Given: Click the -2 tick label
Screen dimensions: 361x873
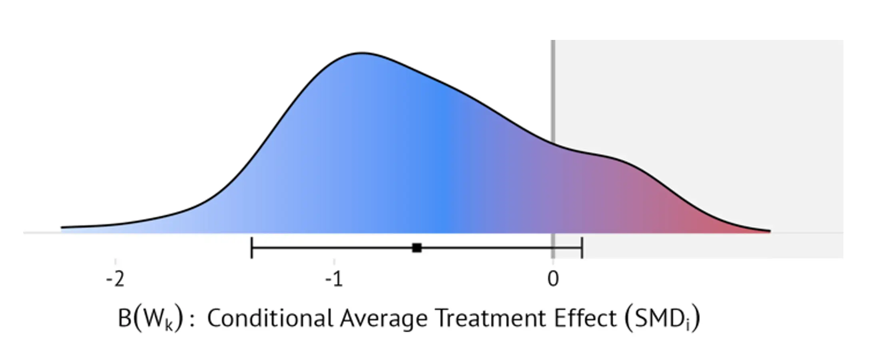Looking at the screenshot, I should [x=115, y=279].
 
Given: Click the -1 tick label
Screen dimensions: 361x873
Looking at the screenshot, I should [x=334, y=279].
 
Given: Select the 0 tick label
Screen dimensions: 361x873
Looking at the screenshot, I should [x=553, y=279].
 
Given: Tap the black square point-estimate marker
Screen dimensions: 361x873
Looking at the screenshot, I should [x=417, y=248].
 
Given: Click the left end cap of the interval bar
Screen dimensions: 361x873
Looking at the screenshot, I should [x=251, y=248].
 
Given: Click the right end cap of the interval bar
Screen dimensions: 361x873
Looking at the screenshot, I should [x=582, y=248].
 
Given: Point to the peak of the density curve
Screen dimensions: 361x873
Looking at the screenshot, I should [x=362, y=53].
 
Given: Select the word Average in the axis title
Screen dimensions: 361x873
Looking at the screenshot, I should [x=383, y=319].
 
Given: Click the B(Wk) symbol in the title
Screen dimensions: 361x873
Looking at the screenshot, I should [x=150, y=319].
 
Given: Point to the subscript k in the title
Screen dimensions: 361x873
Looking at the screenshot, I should [x=169, y=325].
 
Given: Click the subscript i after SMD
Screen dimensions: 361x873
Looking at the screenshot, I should [x=688, y=325].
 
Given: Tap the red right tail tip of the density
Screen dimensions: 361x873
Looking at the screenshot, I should [x=768, y=231].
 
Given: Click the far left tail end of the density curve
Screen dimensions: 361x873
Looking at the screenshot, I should [x=62, y=228].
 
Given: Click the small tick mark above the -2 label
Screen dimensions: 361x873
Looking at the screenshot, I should [x=115, y=262].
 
